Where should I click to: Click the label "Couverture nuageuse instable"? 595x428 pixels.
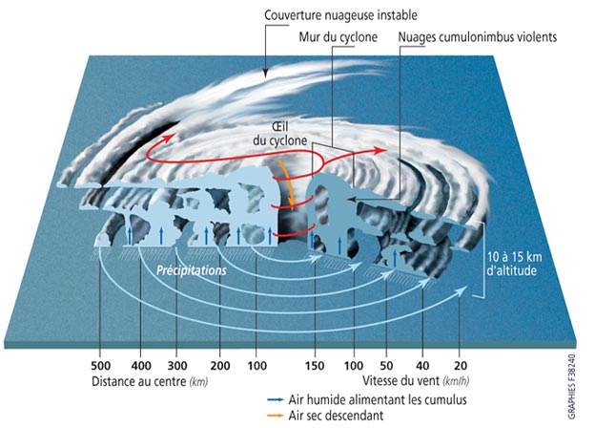340,15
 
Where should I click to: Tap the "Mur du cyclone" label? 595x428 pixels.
339,37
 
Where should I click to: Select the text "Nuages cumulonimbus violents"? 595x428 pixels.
478,37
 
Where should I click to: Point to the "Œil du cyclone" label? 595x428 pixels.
280,134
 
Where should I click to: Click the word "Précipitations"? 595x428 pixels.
192,270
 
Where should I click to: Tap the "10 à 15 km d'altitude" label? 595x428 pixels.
514,264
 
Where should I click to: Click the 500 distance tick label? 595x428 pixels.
100,366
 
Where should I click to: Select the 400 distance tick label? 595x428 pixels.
141,366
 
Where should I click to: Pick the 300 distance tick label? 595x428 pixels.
177,366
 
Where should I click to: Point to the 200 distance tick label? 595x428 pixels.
220,366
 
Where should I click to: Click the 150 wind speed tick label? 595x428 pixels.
315,366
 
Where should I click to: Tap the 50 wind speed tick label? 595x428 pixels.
386,366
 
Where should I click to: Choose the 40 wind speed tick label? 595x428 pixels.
422,366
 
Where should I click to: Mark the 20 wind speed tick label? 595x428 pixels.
461,366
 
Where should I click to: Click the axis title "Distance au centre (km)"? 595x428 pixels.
150,381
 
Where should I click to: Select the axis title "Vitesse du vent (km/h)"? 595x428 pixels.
416,380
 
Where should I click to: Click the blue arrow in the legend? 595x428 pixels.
276,399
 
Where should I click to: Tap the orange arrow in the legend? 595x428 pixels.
276,415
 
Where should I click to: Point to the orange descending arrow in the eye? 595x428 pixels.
288,184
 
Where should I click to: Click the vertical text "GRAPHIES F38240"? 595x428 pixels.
571,387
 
